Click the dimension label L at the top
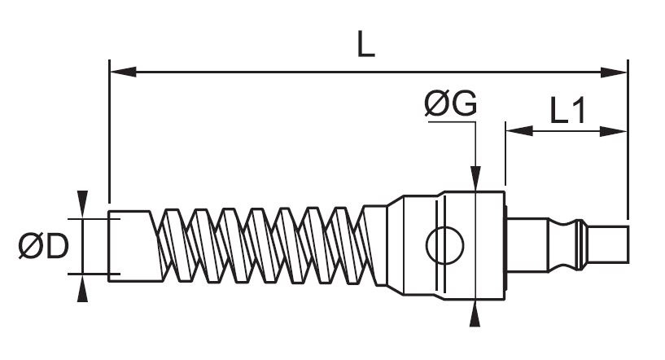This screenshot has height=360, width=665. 366,45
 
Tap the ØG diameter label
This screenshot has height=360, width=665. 450,103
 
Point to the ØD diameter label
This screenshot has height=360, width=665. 43,246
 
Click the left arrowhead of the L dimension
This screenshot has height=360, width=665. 123,72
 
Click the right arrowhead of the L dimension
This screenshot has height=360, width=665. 614,72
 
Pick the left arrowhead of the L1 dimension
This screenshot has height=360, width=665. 519,131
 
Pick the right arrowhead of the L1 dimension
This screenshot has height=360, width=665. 614,131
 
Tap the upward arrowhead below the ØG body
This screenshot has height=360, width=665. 475,314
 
